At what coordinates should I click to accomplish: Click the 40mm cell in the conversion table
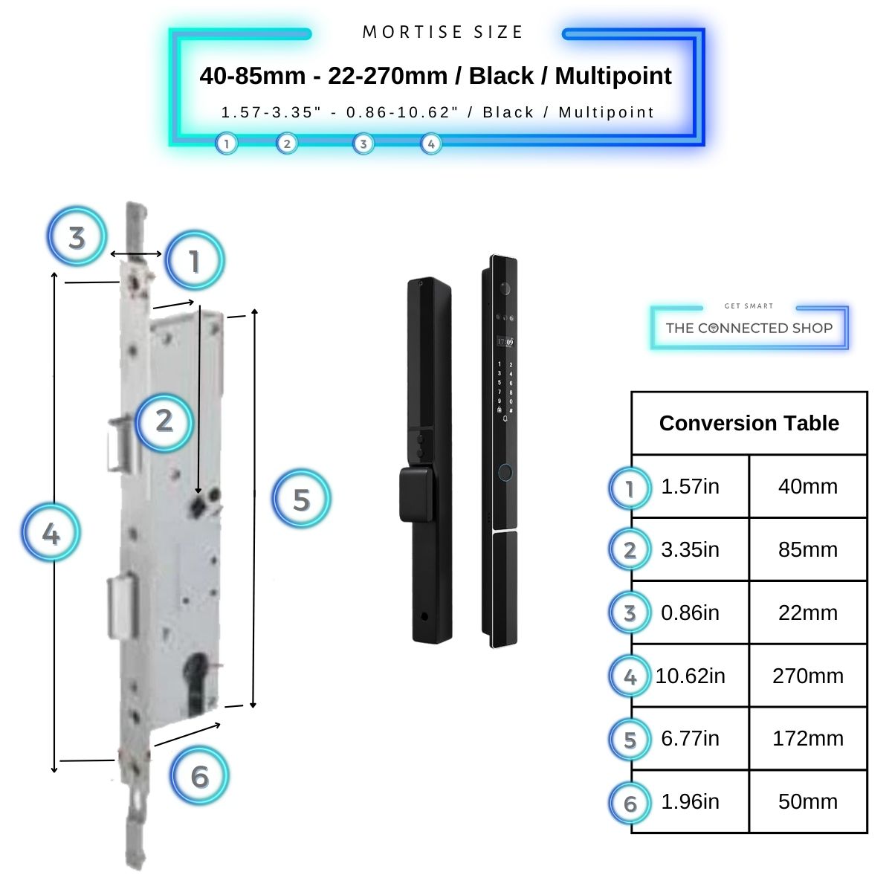click(807, 487)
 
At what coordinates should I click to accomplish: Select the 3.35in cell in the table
click(690, 550)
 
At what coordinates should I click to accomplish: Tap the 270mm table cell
click(807, 676)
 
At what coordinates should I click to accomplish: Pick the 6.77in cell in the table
click(690, 739)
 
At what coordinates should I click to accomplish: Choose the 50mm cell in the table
click(807, 802)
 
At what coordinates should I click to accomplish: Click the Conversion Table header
click(749, 423)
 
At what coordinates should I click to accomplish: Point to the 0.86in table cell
click(690, 613)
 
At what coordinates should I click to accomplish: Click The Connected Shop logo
click(749, 328)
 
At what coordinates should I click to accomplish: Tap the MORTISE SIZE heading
click(443, 32)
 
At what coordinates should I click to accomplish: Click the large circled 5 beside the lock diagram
click(301, 499)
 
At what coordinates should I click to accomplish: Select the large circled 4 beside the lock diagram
click(51, 533)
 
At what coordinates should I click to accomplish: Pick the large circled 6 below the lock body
click(199, 777)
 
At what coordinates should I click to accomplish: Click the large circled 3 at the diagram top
click(77, 238)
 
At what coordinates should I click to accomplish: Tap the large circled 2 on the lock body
click(164, 421)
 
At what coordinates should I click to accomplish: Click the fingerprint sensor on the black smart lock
click(505, 472)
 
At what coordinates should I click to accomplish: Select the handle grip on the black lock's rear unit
click(416, 494)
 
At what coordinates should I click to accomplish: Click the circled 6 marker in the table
click(630, 803)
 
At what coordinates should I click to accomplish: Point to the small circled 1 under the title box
click(227, 143)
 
